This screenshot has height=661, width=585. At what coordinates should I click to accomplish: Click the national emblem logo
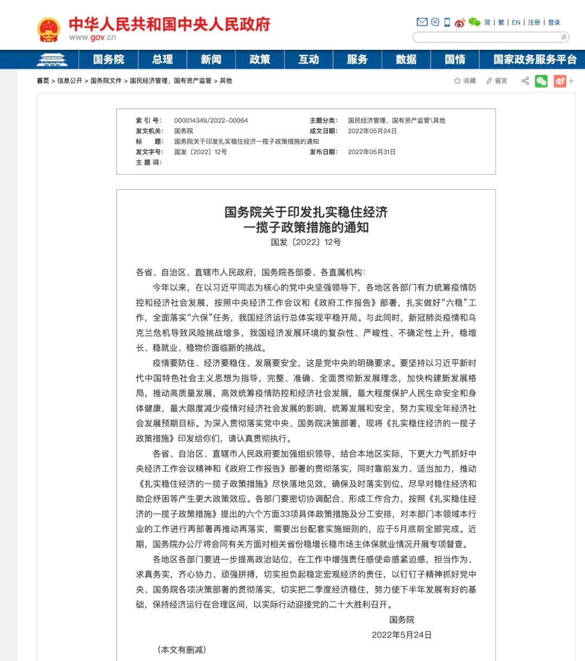[x=48, y=30]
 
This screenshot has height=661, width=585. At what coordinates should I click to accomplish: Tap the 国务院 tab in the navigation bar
[x=108, y=60]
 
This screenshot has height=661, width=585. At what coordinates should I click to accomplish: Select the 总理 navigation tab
[x=162, y=60]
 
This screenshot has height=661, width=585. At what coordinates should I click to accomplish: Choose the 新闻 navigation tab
[x=211, y=60]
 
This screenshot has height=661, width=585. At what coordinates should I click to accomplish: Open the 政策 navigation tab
[x=260, y=60]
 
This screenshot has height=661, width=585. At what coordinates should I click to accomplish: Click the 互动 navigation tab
[x=309, y=60]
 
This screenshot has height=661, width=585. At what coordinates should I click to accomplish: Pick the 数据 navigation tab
[x=406, y=60]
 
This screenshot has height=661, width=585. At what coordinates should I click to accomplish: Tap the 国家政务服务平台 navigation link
[x=535, y=60]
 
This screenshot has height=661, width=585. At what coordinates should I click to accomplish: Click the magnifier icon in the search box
[x=564, y=37]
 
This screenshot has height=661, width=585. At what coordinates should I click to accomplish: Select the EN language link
[x=516, y=23]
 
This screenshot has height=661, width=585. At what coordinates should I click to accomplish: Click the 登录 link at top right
[x=554, y=23]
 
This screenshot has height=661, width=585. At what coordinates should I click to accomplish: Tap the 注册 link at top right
[x=534, y=23]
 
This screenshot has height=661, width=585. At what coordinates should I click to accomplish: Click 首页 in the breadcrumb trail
[x=43, y=81]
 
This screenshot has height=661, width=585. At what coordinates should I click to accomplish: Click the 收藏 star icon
[x=457, y=81]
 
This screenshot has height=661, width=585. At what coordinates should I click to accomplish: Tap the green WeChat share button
[x=541, y=81]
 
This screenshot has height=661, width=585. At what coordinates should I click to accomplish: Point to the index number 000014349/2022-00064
[x=211, y=120]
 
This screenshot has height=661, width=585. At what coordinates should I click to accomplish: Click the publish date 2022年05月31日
[x=372, y=152]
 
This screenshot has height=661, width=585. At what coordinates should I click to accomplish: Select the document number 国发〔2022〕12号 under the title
[x=306, y=242]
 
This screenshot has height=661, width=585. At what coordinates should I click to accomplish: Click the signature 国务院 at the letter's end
[x=401, y=619]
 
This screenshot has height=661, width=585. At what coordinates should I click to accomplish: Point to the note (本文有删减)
[x=181, y=649]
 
